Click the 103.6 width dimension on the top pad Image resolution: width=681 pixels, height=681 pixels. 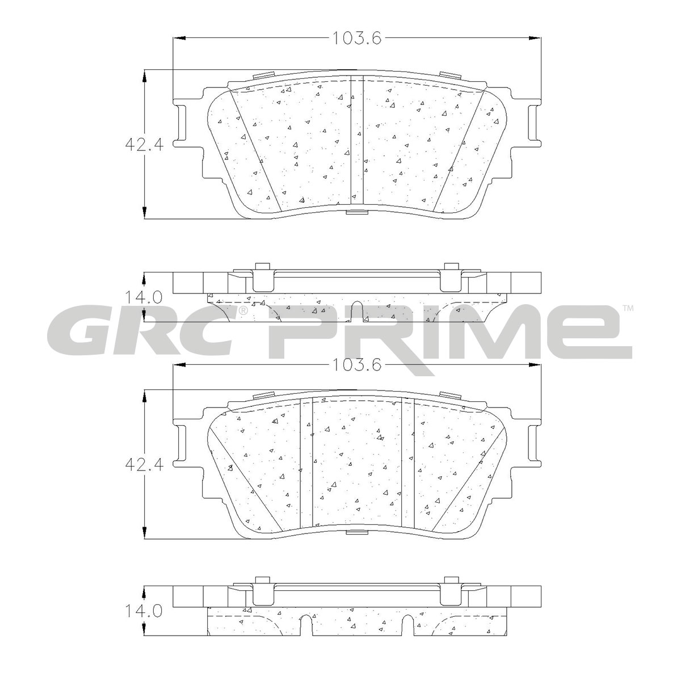357,38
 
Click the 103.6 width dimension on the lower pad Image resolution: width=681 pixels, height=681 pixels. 357,365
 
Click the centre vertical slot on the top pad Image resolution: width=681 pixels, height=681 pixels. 357,140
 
